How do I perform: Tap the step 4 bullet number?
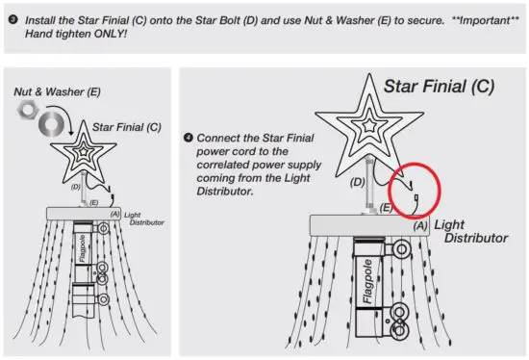coord(189,138)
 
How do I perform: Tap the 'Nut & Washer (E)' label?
coord(56,92)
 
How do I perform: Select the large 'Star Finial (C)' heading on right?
coord(439,87)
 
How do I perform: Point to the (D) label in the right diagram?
coord(358,180)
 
